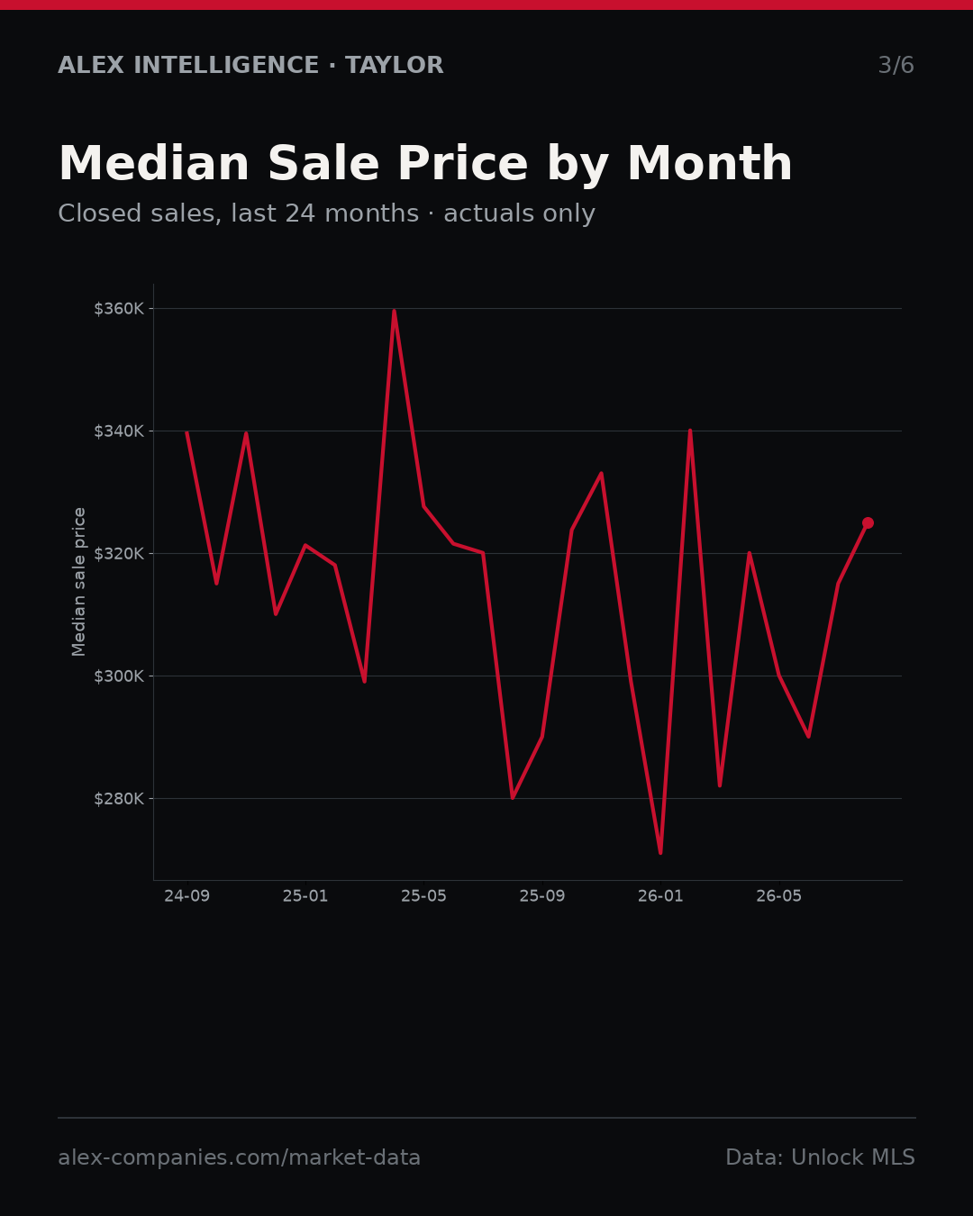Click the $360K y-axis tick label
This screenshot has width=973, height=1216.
tap(119, 309)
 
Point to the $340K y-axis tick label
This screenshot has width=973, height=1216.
tap(119, 431)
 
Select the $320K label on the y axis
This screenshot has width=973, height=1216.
tap(119, 553)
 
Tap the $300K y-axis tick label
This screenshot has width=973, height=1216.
tap(119, 676)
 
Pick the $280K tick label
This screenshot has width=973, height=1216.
tap(119, 798)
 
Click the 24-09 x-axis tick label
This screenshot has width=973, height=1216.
tap(187, 896)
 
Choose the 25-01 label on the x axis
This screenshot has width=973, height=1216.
tap(305, 896)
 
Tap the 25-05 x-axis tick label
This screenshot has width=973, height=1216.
tap(423, 896)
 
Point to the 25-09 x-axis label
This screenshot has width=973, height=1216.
tap(542, 896)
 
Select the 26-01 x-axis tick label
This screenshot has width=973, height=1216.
tap(660, 896)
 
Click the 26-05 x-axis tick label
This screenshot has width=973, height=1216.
tap(779, 896)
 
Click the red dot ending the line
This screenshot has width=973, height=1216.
tap(868, 523)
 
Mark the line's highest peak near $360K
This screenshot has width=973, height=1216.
tap(394, 312)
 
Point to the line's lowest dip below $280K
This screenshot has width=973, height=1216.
tap(660, 852)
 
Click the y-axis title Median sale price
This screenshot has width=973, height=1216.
tap(78, 582)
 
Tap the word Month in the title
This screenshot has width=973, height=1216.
tap(710, 164)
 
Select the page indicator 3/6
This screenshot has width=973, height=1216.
tap(896, 65)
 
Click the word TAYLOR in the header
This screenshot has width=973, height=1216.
tap(394, 65)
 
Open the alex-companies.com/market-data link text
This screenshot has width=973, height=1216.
tap(239, 1157)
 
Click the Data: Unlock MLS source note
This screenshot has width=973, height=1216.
tap(820, 1157)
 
